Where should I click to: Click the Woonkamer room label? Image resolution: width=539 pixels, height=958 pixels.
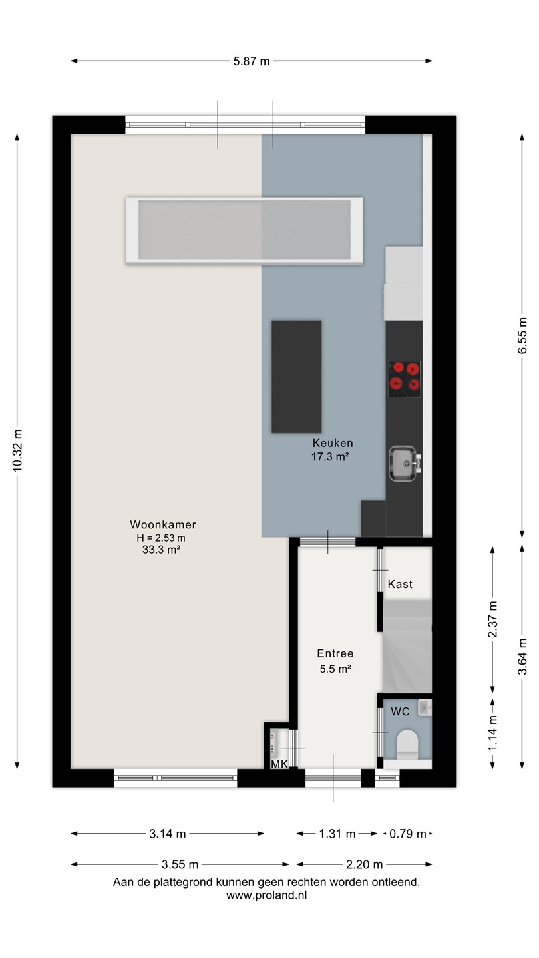(163, 524)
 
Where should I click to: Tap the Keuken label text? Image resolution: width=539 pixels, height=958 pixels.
(333, 443)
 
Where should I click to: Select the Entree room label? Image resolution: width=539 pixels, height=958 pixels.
(335, 653)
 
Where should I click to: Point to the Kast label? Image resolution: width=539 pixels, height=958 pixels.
(400, 584)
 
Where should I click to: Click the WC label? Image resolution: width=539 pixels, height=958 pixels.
(400, 711)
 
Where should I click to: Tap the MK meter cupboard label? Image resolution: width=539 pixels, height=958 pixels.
(279, 764)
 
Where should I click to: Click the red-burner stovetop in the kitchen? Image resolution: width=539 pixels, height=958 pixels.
(405, 379)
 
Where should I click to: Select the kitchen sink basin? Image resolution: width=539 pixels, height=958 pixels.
(403, 463)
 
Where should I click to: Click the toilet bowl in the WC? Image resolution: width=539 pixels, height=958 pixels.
(407, 744)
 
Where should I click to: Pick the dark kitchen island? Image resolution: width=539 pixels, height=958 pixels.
(297, 377)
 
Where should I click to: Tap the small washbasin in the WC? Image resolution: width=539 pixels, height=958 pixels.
(425, 707)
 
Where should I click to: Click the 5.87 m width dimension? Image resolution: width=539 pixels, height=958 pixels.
(252, 61)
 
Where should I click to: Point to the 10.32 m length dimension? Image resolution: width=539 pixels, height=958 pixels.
(17, 451)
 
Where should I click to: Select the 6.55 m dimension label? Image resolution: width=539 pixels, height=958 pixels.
(522, 336)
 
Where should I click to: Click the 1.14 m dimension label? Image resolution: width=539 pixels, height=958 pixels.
(493, 733)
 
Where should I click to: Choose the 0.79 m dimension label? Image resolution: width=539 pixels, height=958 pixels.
(408, 834)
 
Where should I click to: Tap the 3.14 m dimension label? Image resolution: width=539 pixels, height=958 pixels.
(168, 834)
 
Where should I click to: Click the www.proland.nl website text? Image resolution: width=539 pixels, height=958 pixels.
(266, 895)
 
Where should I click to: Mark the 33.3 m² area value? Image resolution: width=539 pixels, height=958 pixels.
(161, 550)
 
